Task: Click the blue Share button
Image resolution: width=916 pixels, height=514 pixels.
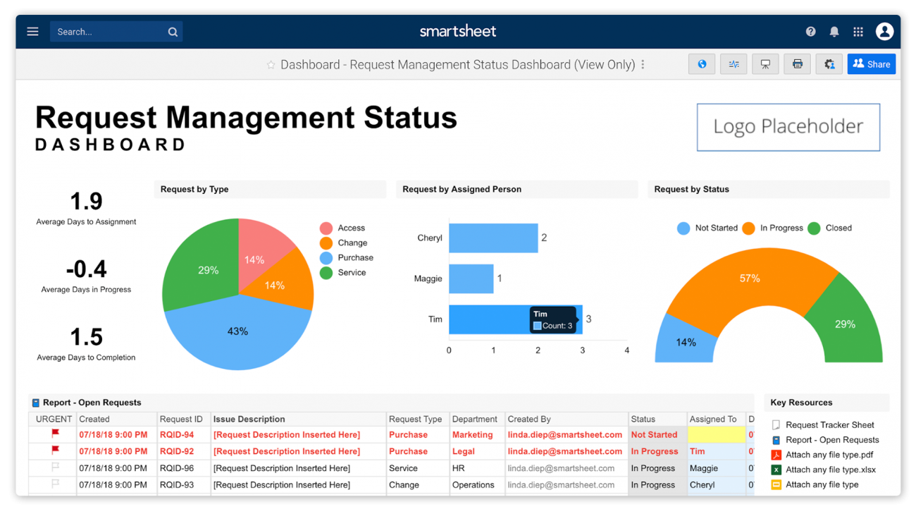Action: (871, 64)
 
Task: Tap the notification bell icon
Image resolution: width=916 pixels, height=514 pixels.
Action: (834, 32)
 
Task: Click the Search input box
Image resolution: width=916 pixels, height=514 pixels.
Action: (109, 32)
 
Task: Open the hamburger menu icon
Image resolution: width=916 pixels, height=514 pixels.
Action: (32, 32)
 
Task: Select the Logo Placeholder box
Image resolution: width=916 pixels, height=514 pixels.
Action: (788, 127)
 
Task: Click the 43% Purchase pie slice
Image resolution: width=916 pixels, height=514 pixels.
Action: (237, 335)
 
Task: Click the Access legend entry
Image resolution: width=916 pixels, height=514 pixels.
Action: (350, 228)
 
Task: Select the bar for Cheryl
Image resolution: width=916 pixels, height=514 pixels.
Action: (493, 238)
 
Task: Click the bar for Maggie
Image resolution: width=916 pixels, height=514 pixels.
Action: (471, 279)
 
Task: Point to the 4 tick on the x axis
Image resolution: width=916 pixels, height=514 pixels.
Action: (626, 350)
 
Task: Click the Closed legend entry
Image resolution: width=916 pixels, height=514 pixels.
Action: (838, 228)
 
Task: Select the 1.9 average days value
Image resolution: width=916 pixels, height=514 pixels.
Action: (86, 202)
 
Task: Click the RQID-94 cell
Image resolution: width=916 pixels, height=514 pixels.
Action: (176, 435)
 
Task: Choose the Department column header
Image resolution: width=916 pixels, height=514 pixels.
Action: (474, 419)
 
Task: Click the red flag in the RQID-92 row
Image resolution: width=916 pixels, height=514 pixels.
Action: (55, 451)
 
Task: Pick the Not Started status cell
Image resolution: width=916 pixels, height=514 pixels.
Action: (654, 435)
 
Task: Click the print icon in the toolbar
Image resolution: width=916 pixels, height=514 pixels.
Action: (797, 64)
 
